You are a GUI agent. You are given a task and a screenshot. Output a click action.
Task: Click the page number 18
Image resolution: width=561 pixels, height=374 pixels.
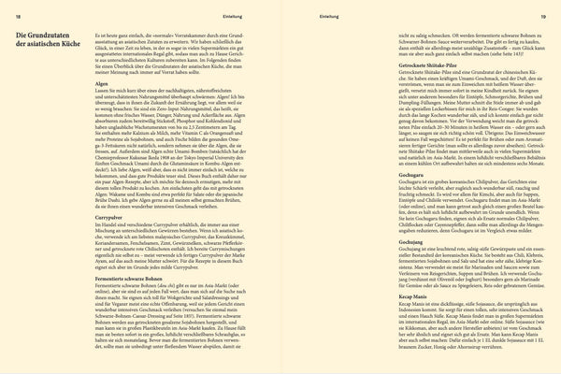(x=20, y=16)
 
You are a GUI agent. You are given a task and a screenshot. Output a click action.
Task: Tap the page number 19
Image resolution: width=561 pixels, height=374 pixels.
(x=541, y=16)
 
